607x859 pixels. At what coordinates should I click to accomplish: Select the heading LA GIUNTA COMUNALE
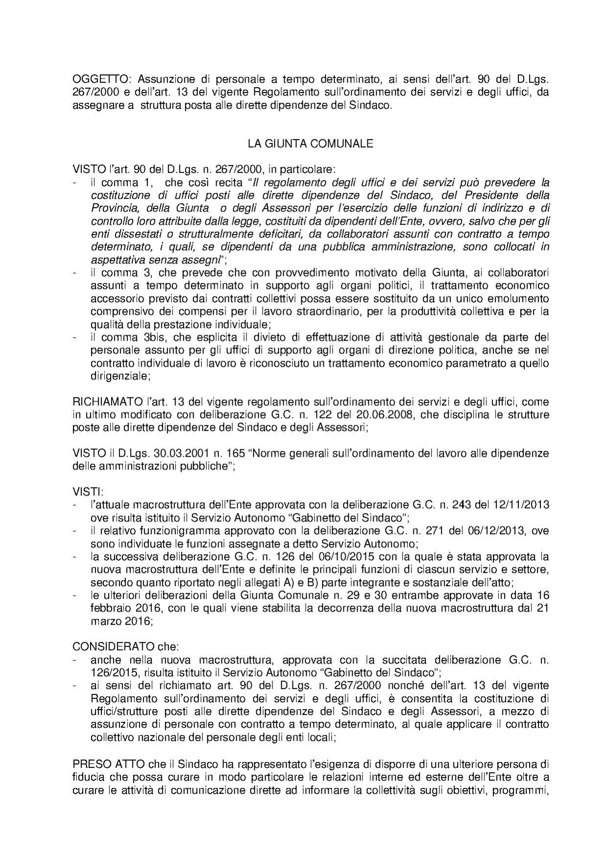[x=310, y=144]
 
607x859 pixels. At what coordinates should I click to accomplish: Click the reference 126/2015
[x=111, y=672]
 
